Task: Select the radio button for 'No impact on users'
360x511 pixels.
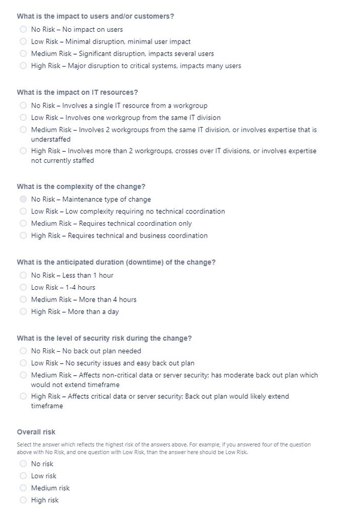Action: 23,30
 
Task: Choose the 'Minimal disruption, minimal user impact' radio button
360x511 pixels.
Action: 23,41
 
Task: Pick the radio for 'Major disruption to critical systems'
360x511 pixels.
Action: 23,66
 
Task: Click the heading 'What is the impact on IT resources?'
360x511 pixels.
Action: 77,93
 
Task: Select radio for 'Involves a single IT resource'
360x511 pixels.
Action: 23,105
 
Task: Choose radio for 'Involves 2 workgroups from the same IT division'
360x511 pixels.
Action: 23,130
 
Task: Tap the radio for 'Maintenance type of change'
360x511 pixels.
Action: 23,199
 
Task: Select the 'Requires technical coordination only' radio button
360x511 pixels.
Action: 23,223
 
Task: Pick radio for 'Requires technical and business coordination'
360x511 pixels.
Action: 23,236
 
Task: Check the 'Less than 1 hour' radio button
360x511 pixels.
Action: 23,275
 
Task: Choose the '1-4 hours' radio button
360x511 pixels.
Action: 23,287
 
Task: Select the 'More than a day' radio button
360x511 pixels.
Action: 23,311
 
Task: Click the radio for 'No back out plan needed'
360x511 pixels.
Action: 23,351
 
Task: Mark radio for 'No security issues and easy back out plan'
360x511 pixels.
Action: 23,363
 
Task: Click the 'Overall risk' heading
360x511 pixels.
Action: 36,432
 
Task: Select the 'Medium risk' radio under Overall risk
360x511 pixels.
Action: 23,488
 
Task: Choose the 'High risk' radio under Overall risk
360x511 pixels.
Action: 23,500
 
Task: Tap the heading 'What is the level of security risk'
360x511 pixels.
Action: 104,338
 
